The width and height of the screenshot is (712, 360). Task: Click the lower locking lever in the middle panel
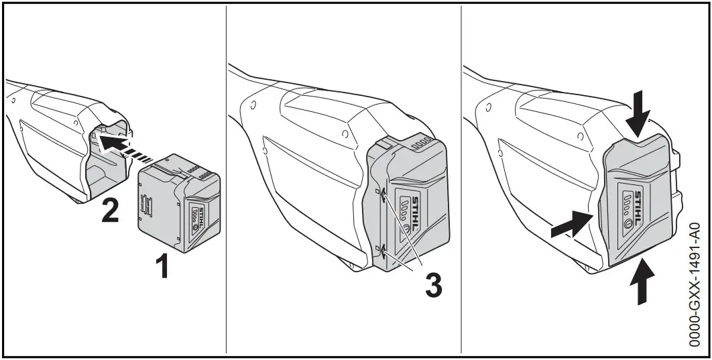382,252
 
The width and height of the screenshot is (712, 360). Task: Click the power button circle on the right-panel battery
628,225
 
